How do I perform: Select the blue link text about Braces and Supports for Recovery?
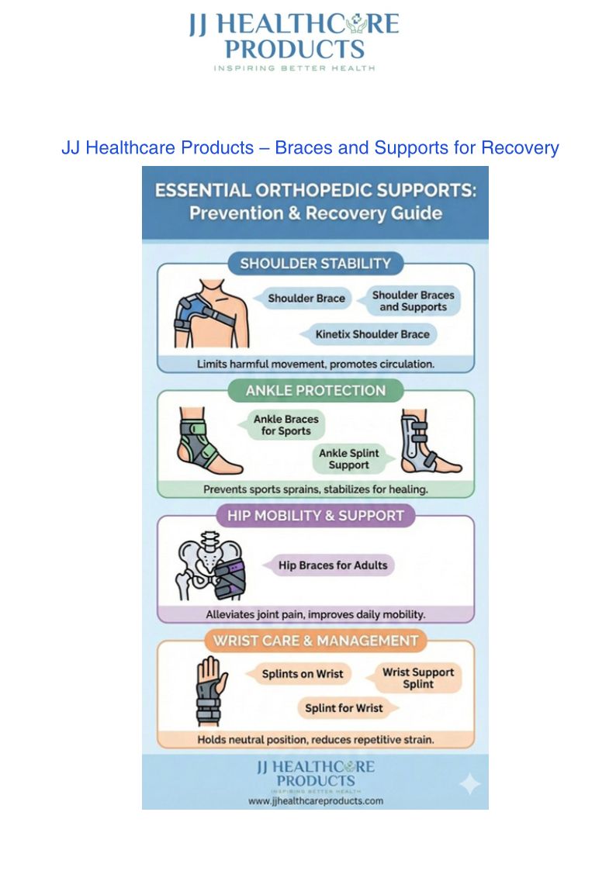click(310, 147)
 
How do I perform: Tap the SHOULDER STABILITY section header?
click(315, 264)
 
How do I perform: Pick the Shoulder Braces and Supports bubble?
click(413, 301)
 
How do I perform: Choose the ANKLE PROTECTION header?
click(315, 390)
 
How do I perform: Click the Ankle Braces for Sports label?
click(286, 425)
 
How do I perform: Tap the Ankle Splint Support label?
click(348, 459)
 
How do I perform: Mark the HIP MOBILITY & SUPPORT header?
click(315, 515)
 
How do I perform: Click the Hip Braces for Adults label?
click(332, 565)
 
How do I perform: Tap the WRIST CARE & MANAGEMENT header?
click(315, 641)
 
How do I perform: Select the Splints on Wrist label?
click(302, 674)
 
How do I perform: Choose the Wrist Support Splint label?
click(418, 678)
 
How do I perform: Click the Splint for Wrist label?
click(344, 708)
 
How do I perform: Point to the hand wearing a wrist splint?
click(209, 690)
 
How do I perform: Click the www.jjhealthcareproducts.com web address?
click(315, 801)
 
